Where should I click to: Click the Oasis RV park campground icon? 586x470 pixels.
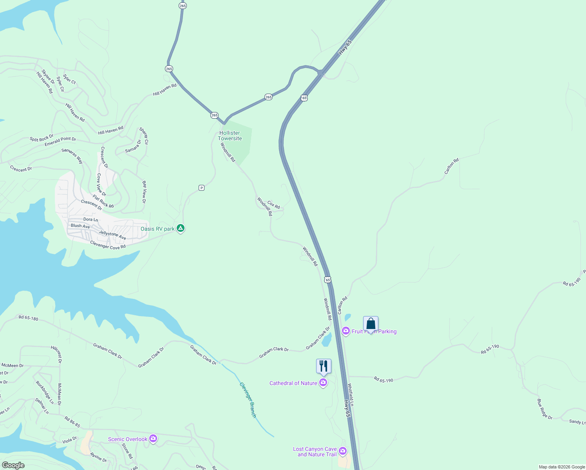point(181,228)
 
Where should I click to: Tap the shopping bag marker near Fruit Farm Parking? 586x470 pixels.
point(371,324)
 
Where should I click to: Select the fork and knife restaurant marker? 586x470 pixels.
point(324,366)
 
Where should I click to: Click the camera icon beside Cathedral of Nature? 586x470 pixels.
point(323,383)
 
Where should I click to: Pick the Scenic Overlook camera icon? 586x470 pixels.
point(153,439)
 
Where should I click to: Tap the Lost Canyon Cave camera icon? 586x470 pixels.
point(343,451)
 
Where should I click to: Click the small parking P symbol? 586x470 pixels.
point(201,188)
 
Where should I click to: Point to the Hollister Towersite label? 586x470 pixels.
point(230,136)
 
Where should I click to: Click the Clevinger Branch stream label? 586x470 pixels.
point(248,399)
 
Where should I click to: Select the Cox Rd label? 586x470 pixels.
point(273,205)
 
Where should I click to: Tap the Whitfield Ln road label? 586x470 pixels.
point(351,394)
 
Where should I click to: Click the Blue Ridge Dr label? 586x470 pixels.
point(544,409)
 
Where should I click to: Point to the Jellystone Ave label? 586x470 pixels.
point(112,235)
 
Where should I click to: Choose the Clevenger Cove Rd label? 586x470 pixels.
point(108,245)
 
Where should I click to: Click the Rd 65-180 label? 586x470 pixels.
point(29,318)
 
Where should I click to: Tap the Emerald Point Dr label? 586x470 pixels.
point(60,141)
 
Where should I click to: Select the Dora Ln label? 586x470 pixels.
point(90,219)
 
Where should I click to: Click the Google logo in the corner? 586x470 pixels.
point(13,465)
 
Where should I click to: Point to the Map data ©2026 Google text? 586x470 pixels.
point(562,467)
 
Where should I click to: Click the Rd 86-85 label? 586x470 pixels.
point(72,422)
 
